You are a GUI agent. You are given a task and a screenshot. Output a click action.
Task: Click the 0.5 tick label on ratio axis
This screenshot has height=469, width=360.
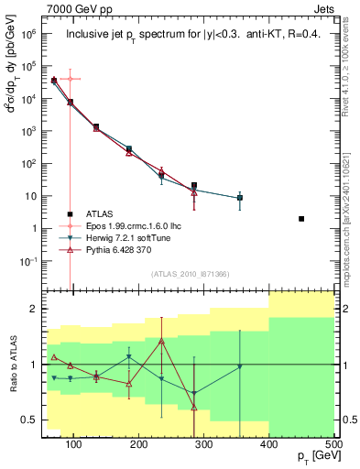click(x=32, y=420)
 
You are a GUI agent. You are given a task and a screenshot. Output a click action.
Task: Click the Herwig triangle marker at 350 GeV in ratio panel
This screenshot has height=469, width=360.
click(x=240, y=366)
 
